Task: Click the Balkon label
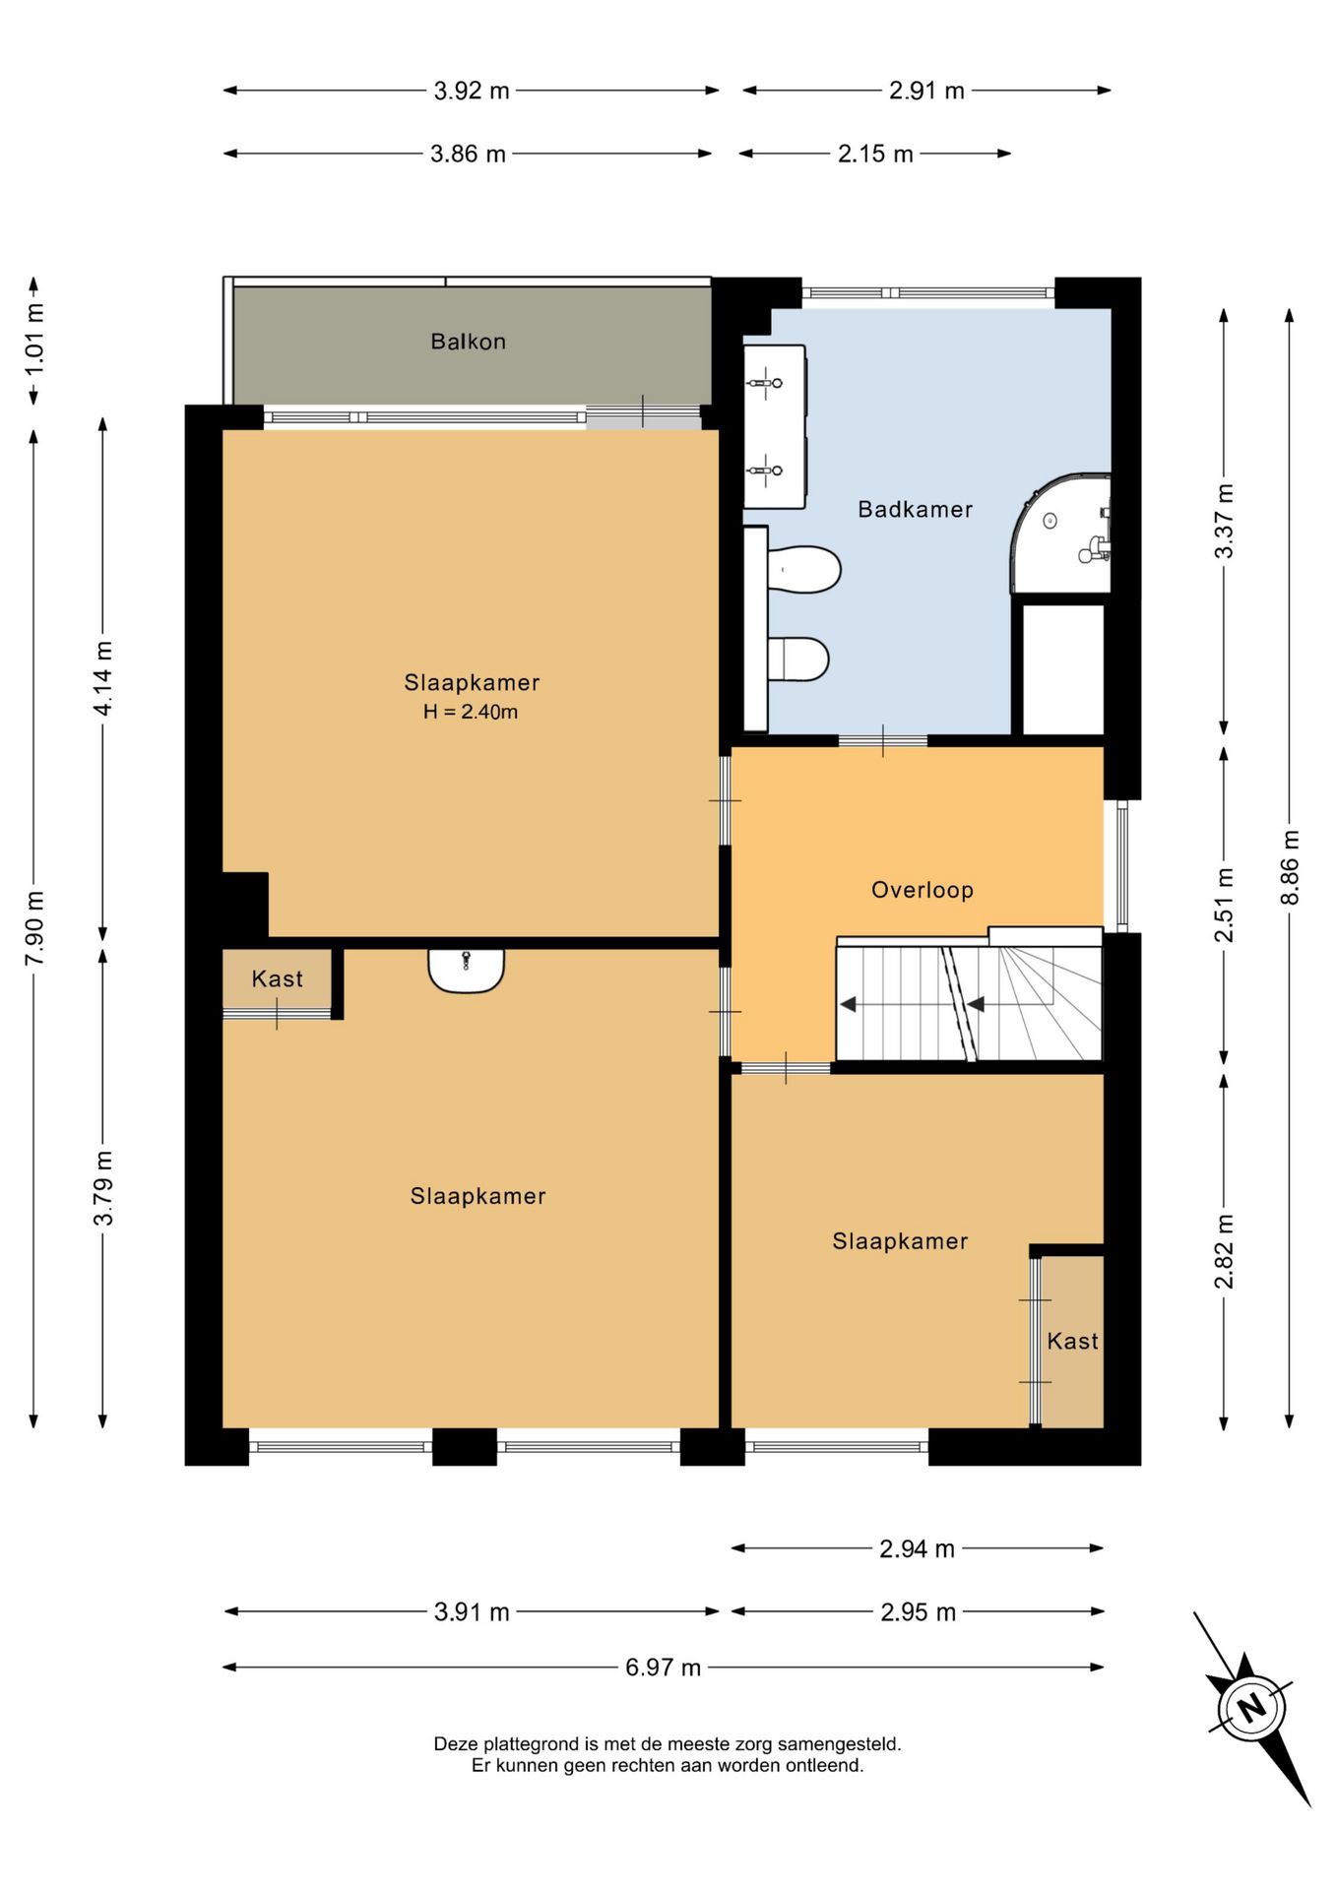468,342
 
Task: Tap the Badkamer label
915,509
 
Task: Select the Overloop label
923,890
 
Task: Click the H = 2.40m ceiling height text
471,712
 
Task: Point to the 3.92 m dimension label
472,91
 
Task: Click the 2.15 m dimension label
875,154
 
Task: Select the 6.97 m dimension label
663,1667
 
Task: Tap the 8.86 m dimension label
1290,867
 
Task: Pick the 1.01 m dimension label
34,339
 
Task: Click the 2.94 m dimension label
917,1548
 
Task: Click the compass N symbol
1251,1707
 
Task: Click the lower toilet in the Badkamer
798,660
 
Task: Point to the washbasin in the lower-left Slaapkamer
466,970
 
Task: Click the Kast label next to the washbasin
277,978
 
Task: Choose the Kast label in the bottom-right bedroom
1072,1341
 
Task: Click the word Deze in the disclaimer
455,1743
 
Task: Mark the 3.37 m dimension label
1224,522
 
